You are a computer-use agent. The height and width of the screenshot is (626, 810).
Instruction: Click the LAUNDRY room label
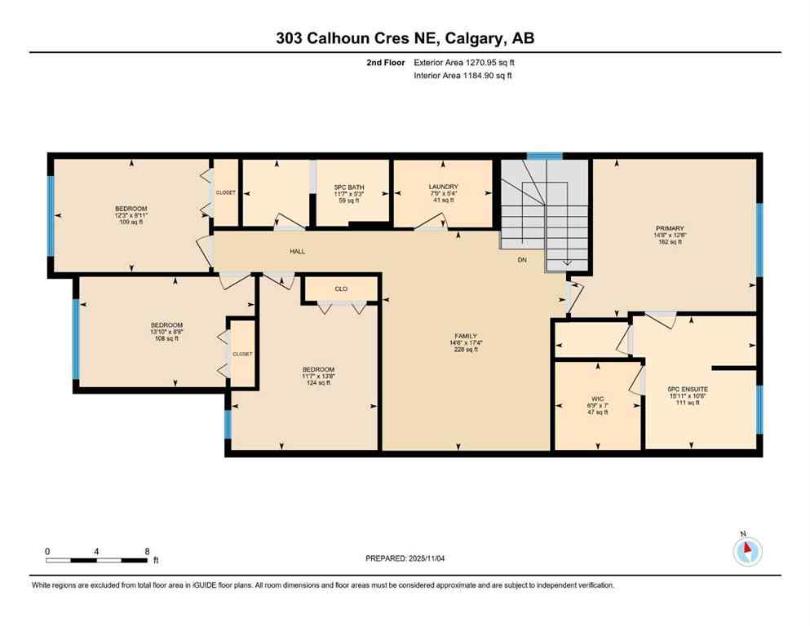[443, 186]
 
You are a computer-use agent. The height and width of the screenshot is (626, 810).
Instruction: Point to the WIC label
[595, 399]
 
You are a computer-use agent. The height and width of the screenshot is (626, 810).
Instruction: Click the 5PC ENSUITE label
[688, 390]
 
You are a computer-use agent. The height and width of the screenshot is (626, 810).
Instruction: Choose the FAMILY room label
[466, 336]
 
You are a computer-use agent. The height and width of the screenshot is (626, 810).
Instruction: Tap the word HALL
[297, 251]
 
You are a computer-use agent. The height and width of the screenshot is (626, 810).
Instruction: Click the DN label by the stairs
[523, 261]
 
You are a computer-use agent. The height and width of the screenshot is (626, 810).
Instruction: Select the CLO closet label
[341, 288]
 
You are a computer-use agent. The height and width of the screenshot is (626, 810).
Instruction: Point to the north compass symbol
[747, 552]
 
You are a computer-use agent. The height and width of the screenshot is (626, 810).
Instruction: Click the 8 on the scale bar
[145, 551]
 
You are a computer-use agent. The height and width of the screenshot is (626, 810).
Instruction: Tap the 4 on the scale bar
[96, 551]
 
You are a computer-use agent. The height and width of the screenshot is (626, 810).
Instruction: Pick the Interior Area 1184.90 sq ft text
[463, 76]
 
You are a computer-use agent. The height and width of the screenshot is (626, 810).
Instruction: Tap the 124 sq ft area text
[318, 383]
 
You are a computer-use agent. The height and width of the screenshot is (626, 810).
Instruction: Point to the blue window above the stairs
[544, 156]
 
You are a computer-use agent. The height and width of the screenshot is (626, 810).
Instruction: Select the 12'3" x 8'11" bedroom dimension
[131, 215]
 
